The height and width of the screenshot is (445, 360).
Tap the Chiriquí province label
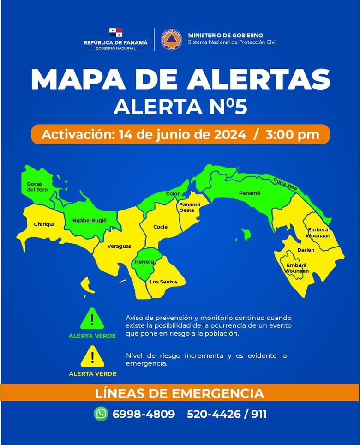44,224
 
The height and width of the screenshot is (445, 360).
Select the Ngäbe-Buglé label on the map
90,221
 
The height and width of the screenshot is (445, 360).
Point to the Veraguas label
119,246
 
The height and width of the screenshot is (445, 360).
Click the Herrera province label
144,262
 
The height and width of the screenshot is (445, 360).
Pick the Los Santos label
163,282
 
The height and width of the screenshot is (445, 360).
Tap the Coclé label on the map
160,227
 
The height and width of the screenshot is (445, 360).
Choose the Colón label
174,194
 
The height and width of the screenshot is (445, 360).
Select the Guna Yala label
285,183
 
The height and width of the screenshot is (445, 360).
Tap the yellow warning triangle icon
92,356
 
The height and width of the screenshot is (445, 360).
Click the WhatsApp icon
101,414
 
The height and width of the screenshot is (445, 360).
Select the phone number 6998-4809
144,414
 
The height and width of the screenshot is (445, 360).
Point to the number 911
259,414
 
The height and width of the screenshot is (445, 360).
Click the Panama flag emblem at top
116,33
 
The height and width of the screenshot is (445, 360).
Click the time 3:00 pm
292,135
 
